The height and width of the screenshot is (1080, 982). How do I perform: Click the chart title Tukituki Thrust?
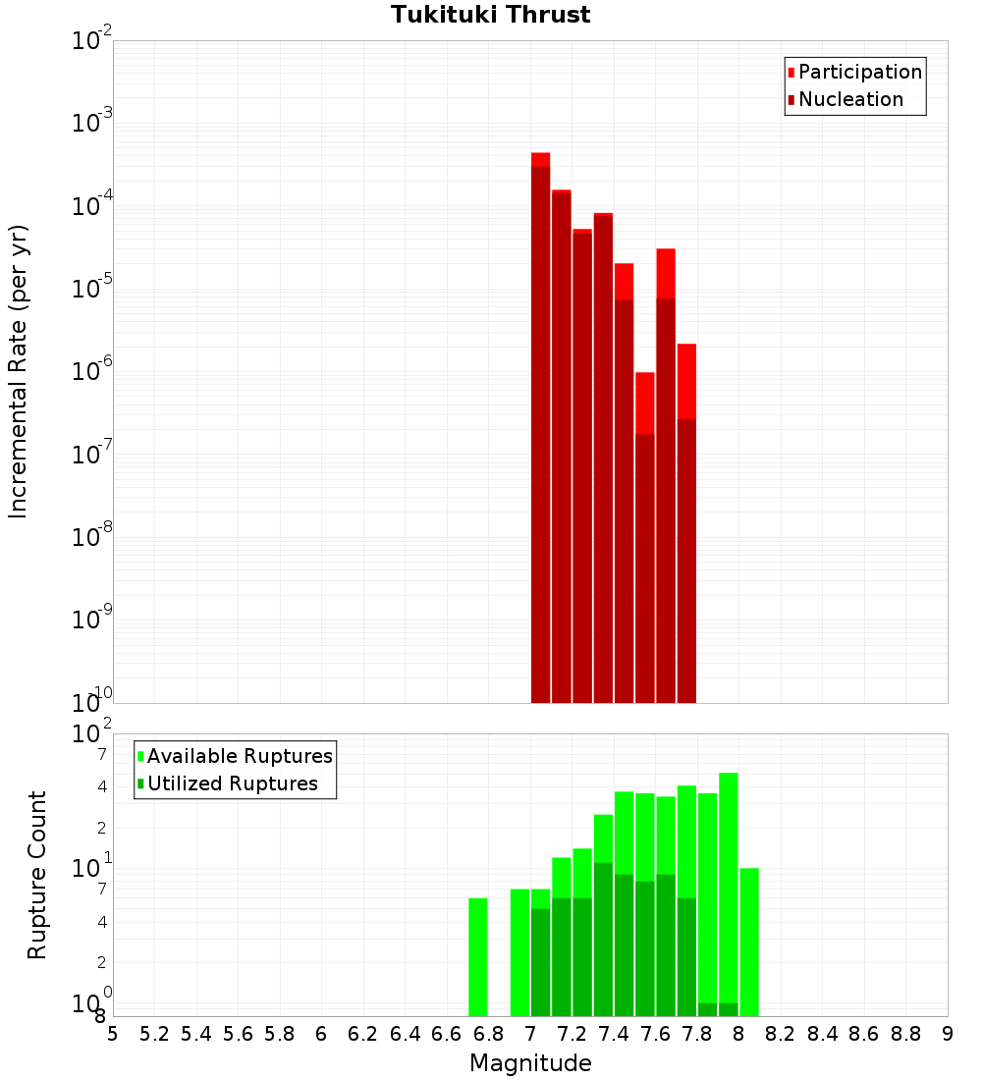[x=490, y=15]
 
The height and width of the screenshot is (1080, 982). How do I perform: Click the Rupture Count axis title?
[x=37, y=875]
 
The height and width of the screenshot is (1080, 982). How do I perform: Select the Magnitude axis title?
[x=530, y=1063]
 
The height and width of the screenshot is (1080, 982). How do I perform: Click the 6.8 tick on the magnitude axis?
[x=488, y=1034]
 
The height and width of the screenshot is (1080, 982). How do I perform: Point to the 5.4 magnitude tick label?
[x=196, y=1034]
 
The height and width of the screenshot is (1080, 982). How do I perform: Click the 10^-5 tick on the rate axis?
[x=92, y=289]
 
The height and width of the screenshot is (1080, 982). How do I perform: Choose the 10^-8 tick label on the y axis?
[x=92, y=537]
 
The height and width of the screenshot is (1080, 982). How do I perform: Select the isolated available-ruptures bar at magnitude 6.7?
[x=478, y=956]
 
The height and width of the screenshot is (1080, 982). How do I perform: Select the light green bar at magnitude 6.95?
[x=519, y=951]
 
